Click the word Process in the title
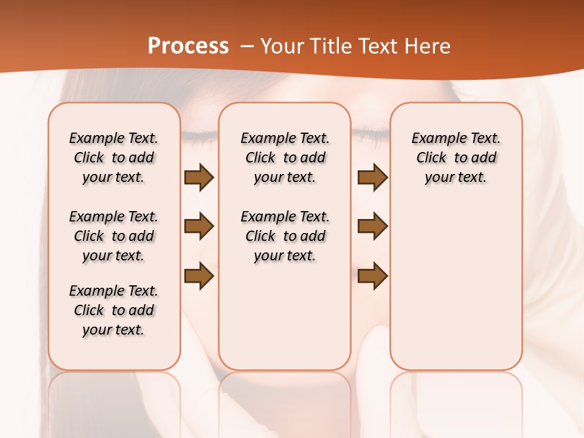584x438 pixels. (188, 46)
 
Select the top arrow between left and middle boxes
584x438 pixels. (199, 177)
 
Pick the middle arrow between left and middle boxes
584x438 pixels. (199, 226)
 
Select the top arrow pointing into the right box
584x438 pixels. (372, 177)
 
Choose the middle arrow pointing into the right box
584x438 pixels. (372, 226)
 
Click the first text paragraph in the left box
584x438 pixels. (114, 158)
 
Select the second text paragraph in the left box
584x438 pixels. (114, 236)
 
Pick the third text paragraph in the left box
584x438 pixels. (114, 310)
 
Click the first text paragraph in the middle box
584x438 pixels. (285, 158)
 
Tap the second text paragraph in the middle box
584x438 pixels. (285, 236)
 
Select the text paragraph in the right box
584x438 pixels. (456, 158)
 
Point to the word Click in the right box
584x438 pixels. (431, 158)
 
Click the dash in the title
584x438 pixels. (247, 46)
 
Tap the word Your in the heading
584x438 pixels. (280, 46)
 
